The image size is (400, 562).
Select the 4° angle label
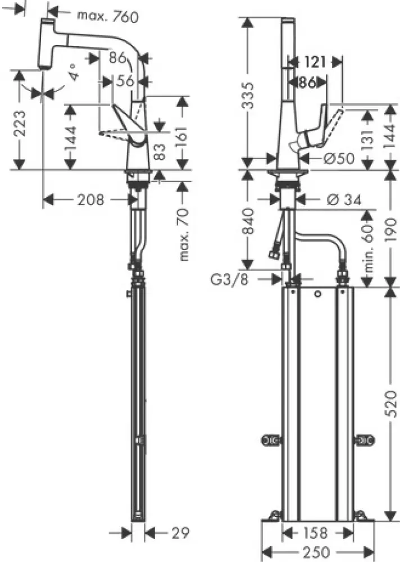click(75, 75)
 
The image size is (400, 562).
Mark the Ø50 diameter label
click(339, 159)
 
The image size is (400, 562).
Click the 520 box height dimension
click(392, 400)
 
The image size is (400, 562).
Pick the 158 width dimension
click(317, 532)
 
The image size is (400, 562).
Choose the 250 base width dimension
click(317, 552)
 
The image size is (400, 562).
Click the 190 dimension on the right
click(392, 229)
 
